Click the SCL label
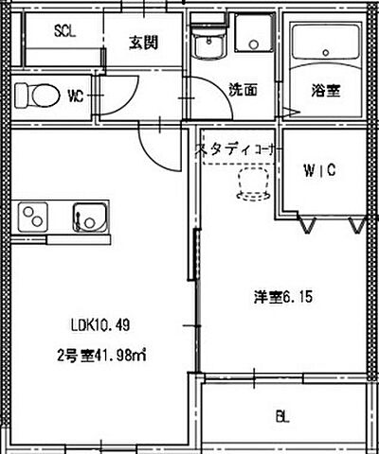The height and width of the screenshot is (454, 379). pos(64,30)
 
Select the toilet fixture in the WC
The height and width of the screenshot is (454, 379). pos(38,95)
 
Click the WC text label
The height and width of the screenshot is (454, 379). pos(77,96)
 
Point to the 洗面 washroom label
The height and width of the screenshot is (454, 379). pos(244,91)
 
